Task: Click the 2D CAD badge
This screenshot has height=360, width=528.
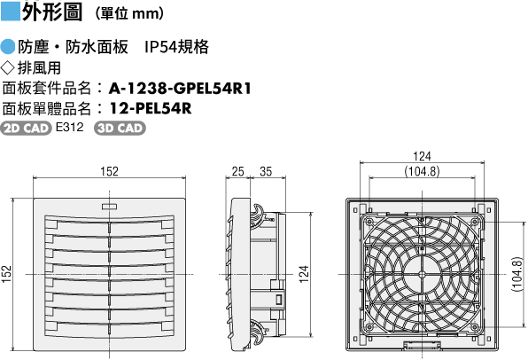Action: (26, 128)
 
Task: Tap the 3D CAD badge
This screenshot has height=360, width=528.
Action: (120, 128)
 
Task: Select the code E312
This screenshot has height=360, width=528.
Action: (69, 127)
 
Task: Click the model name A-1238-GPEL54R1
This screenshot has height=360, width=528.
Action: (180, 89)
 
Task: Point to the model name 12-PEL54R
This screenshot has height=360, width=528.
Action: (151, 108)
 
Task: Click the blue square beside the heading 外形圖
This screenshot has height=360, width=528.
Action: (11, 12)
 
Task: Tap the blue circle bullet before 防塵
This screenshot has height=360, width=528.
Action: (8, 47)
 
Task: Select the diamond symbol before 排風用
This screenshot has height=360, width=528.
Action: (8, 67)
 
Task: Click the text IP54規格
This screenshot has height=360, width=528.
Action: (176, 47)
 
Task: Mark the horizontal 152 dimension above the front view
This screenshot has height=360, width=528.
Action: (110, 171)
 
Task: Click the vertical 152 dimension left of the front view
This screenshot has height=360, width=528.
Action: (7, 274)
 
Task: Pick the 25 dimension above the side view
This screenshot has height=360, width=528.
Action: (237, 171)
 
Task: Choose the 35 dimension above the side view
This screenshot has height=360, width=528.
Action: (266, 171)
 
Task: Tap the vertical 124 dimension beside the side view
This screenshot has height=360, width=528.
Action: (304, 274)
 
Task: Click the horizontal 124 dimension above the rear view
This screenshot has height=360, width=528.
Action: (422, 156)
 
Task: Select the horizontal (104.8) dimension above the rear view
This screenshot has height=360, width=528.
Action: (422, 171)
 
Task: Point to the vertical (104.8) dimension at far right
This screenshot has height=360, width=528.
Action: (516, 274)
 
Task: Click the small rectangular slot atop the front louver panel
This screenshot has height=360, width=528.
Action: (109, 207)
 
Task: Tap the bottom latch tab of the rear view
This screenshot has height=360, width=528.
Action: (423, 345)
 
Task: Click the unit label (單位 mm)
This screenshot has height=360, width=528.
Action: (130, 13)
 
